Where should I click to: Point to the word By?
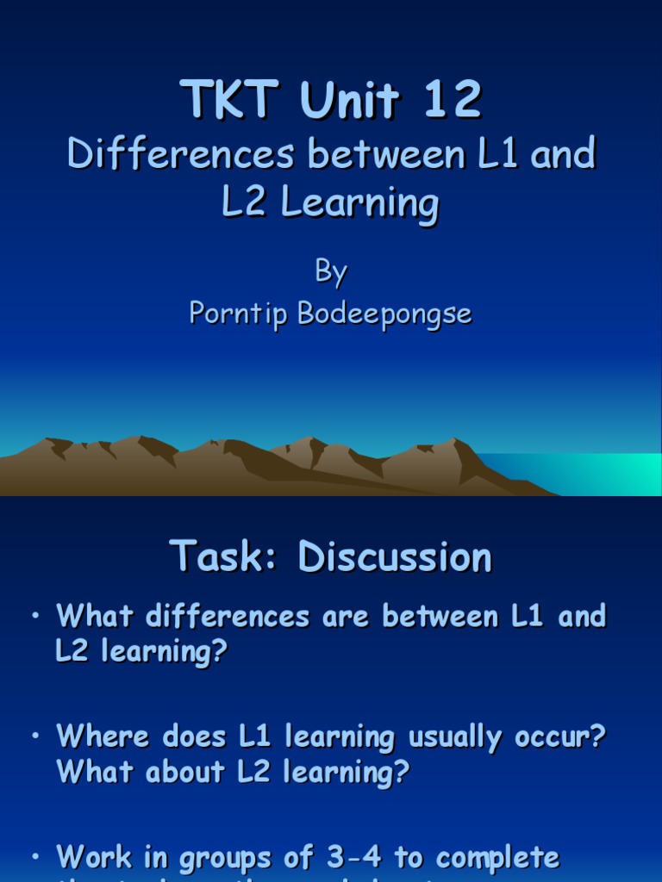(330, 273)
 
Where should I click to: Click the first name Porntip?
(239, 314)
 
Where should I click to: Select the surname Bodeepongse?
(384, 314)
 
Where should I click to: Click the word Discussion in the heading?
(396, 557)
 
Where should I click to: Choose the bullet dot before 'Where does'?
(34, 736)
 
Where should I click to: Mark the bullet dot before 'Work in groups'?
(34, 856)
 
